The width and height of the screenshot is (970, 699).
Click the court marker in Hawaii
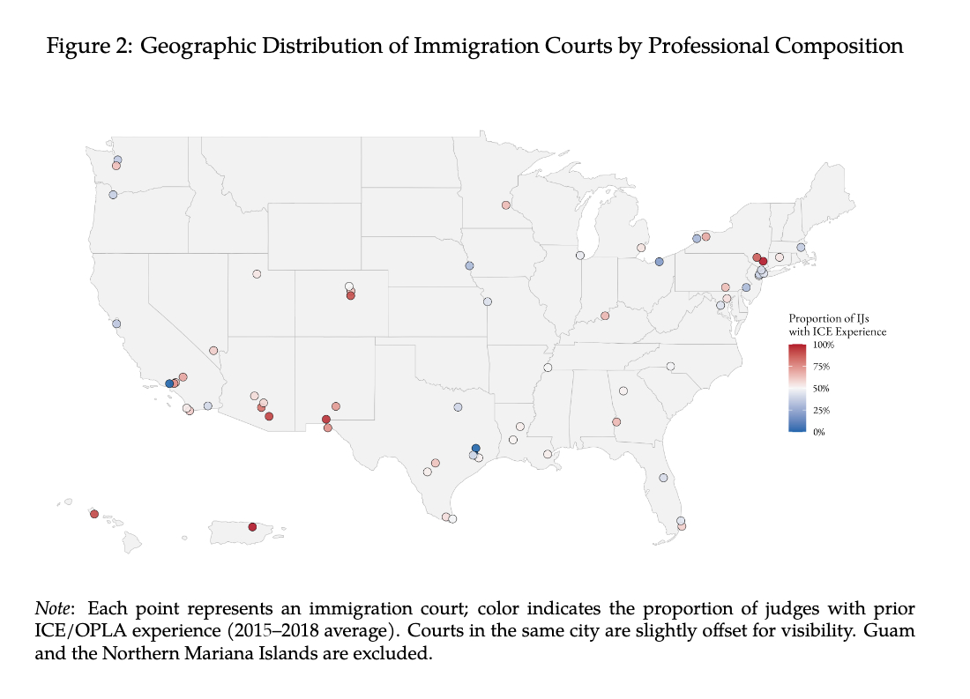coord(93,514)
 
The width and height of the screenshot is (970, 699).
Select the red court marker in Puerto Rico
coord(252,527)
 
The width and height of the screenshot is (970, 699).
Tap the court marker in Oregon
coord(113,195)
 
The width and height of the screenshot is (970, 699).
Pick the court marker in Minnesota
coord(505,205)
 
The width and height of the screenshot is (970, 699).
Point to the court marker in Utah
coord(257,274)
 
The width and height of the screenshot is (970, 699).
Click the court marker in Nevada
coord(213,350)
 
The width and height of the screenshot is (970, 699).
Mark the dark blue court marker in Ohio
coord(659,262)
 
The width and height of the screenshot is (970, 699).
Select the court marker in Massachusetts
coord(801,248)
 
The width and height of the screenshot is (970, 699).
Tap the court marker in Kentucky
coord(605,316)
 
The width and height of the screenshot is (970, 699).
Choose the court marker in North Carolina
coord(670,366)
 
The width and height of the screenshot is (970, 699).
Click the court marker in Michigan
coord(641,248)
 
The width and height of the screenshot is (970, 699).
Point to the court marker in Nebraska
coord(469,265)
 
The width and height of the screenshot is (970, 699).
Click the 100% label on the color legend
coord(823,345)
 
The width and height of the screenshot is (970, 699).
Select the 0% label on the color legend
coord(819,432)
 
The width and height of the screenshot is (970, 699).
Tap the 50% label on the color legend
coord(821,388)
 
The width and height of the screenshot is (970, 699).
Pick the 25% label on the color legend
coord(821,410)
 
